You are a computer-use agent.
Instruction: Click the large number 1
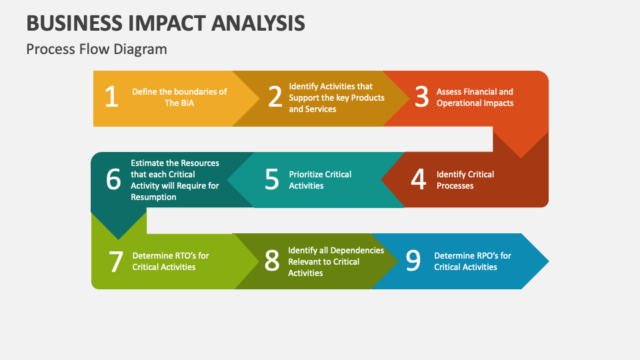111,97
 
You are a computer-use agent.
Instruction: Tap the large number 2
275,97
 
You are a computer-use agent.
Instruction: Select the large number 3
421,97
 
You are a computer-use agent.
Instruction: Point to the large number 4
418,179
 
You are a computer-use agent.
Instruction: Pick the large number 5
271,180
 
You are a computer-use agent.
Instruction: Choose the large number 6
113,179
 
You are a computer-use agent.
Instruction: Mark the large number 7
116,261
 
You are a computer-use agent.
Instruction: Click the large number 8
271,261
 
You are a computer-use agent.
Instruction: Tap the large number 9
413,261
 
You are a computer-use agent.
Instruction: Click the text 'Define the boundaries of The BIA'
179,97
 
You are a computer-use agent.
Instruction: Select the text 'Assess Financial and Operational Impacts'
475,97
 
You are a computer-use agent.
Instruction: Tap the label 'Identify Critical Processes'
465,180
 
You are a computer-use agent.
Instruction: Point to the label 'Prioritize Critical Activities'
320,180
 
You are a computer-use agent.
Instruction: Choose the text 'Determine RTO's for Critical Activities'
171,261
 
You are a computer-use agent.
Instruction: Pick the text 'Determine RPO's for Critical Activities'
473,261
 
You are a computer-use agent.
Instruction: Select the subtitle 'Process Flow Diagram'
97,49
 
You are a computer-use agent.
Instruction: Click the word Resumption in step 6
153,197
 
